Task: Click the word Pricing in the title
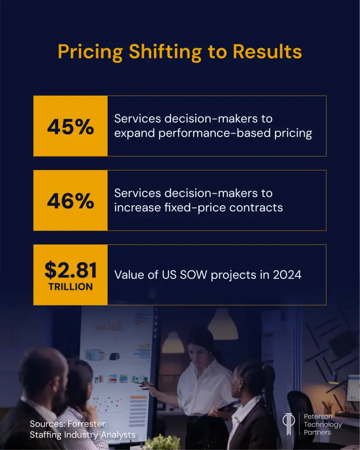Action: click(90, 52)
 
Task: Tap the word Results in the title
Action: click(267, 52)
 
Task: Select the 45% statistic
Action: click(70, 127)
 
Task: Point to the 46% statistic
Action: click(70, 201)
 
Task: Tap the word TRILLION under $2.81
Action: click(70, 287)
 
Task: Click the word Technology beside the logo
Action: click(323, 425)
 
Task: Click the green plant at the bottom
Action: click(163, 443)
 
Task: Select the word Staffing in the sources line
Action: click(45, 435)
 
